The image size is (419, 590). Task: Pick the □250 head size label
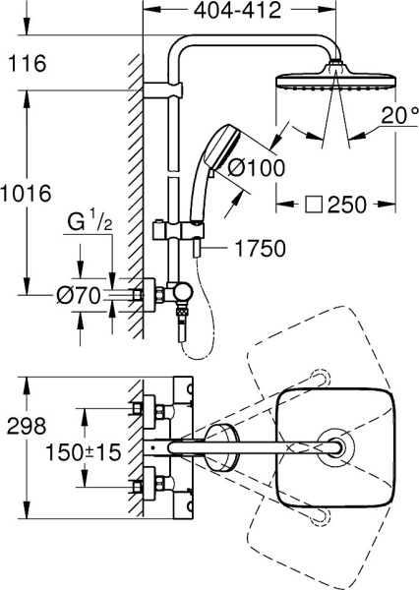(x=331, y=206)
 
